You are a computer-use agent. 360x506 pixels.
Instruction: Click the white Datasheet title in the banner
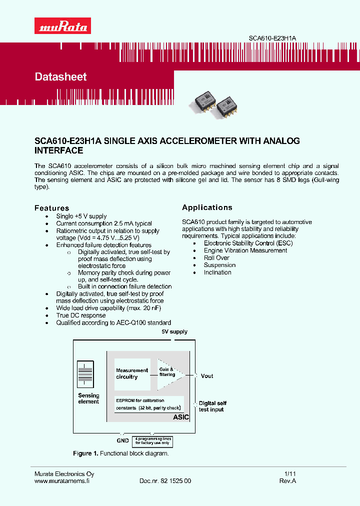(60, 77)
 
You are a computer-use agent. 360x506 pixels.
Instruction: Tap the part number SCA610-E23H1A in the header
(275, 38)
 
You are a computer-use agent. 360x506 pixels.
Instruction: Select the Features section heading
(51, 208)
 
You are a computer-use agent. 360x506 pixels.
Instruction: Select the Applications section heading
(207, 207)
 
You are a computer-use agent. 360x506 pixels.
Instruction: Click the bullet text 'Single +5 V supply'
(81, 216)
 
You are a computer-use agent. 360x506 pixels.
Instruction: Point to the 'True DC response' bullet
(81, 315)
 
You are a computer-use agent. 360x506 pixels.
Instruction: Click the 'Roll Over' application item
(216, 258)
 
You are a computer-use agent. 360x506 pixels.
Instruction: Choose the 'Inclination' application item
(217, 272)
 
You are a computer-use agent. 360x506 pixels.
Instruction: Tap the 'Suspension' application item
(219, 265)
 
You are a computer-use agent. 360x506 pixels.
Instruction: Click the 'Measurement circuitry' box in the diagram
(132, 374)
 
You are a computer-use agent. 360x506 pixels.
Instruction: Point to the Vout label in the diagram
(206, 376)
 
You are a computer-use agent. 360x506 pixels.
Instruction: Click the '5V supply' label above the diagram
(174, 332)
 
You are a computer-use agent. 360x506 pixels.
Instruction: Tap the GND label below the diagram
(122, 440)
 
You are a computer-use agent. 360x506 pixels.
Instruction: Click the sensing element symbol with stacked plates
(86, 374)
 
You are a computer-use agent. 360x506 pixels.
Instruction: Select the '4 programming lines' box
(152, 440)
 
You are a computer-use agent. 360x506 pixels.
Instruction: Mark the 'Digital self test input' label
(212, 406)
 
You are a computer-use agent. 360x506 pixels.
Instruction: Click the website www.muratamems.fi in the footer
(61, 481)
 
